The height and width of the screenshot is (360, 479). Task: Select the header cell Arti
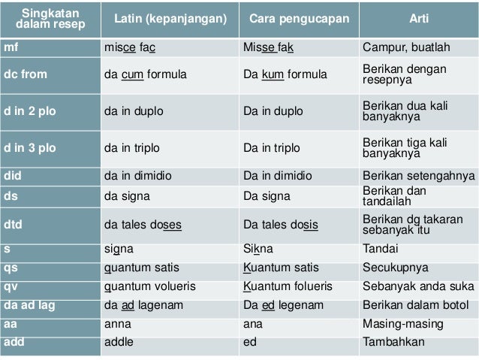[x=418, y=18]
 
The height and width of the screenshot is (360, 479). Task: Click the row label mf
[x=11, y=48]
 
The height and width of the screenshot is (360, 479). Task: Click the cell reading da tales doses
[x=143, y=223]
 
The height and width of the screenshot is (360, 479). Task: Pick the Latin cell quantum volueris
[x=150, y=286]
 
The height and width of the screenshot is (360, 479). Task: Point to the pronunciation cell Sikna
[x=259, y=248]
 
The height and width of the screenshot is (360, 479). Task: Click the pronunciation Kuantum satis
[x=281, y=267]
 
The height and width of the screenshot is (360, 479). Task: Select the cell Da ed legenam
[x=283, y=304]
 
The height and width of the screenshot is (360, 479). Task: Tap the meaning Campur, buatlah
[x=406, y=48]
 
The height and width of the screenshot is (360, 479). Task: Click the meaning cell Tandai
[x=381, y=248]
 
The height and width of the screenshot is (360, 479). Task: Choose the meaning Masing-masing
[x=402, y=323]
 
